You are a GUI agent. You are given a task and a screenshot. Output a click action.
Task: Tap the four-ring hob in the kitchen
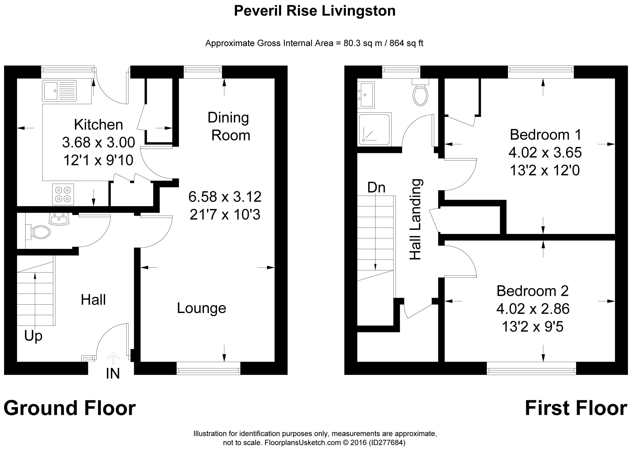[x=63, y=194]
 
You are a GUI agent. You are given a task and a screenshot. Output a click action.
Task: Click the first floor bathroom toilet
[x=420, y=93]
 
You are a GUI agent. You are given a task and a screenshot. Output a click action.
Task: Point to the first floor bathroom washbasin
[x=366, y=94]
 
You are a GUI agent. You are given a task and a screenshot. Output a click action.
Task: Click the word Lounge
[x=201, y=308]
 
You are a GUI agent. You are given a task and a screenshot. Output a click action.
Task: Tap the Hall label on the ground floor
[x=93, y=300]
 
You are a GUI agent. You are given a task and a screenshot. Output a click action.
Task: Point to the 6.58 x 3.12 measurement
[x=225, y=197]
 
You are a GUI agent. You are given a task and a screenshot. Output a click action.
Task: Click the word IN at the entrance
[x=113, y=374]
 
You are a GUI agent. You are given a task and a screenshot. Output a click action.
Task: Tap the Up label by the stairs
[x=33, y=336]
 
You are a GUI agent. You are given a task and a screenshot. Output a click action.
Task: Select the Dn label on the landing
[x=376, y=188]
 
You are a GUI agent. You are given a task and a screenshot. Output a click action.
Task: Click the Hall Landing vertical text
[x=416, y=220]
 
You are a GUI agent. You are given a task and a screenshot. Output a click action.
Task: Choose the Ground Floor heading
[x=70, y=408]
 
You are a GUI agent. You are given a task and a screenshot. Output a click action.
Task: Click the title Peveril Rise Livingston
[x=315, y=11]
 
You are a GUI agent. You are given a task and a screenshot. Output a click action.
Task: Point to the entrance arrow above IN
[x=113, y=358]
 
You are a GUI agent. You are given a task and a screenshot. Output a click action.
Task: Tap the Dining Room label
[x=229, y=126]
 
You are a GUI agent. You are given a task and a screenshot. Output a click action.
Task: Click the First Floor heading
[x=576, y=408]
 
